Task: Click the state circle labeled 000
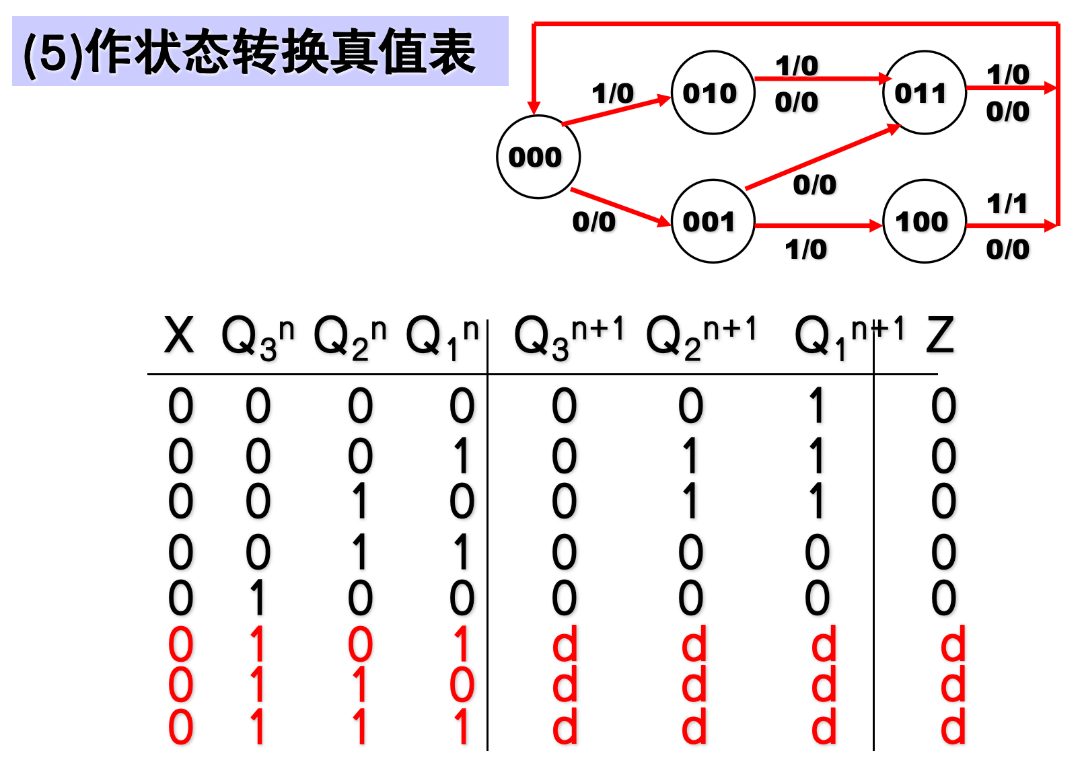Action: click(x=538, y=157)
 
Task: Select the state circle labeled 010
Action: click(x=713, y=92)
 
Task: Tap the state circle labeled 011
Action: click(x=924, y=92)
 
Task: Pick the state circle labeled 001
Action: click(x=713, y=221)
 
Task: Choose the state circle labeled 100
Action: click(x=924, y=221)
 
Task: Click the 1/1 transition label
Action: click(x=1007, y=203)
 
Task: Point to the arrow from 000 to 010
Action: click(x=616, y=111)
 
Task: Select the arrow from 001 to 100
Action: click(x=818, y=226)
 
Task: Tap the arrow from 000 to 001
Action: click(x=619, y=206)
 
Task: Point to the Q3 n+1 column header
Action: click(x=569, y=336)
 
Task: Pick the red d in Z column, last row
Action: click(x=952, y=728)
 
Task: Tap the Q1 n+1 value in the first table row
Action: click(x=817, y=406)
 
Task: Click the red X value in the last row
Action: click(x=180, y=728)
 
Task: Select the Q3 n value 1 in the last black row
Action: click(x=257, y=598)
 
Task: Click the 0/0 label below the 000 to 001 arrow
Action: click(x=593, y=222)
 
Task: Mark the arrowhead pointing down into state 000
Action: click(x=534, y=108)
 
